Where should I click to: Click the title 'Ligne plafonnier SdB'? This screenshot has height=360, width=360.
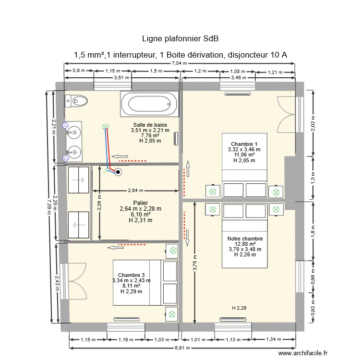coord(180,38)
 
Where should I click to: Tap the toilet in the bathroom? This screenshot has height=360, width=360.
coord(76,101)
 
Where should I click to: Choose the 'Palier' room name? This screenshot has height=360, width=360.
coord(140,203)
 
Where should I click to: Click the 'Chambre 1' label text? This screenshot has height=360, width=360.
coord(244,144)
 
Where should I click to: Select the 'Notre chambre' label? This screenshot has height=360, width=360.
coord(245,239)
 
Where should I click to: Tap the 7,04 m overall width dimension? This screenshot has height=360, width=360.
coord(180,63)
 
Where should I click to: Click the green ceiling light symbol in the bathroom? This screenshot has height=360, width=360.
coord(105,127)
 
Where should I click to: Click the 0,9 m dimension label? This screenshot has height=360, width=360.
coord(79,71)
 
